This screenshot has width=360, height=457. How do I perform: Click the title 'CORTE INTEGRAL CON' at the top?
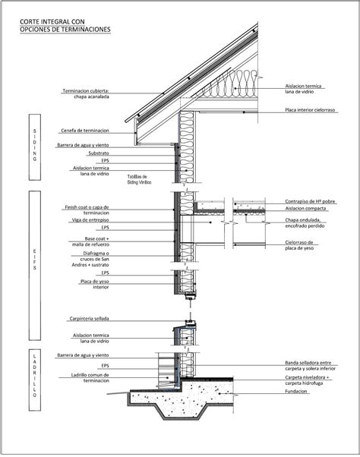[x=54, y=22]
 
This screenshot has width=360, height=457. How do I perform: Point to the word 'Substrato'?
[x=96, y=153]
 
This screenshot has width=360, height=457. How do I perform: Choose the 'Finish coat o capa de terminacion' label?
[x=87, y=210]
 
